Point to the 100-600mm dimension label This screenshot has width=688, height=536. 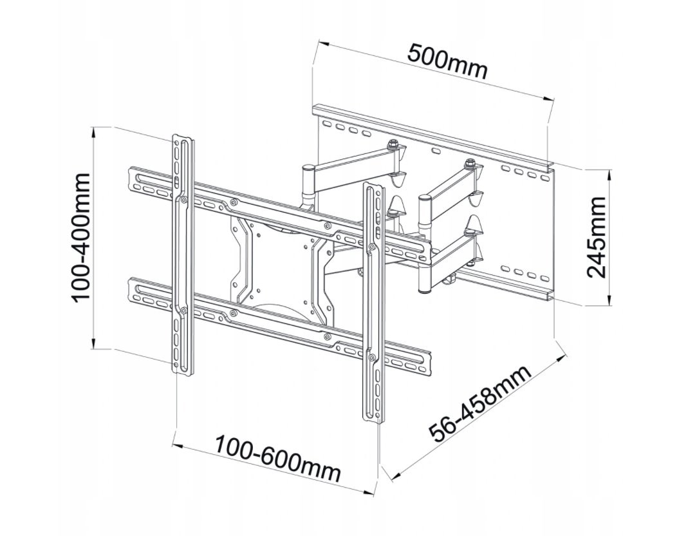pyautogui.click(x=277, y=459)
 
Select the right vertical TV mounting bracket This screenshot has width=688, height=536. pyautogui.click(x=373, y=303)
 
